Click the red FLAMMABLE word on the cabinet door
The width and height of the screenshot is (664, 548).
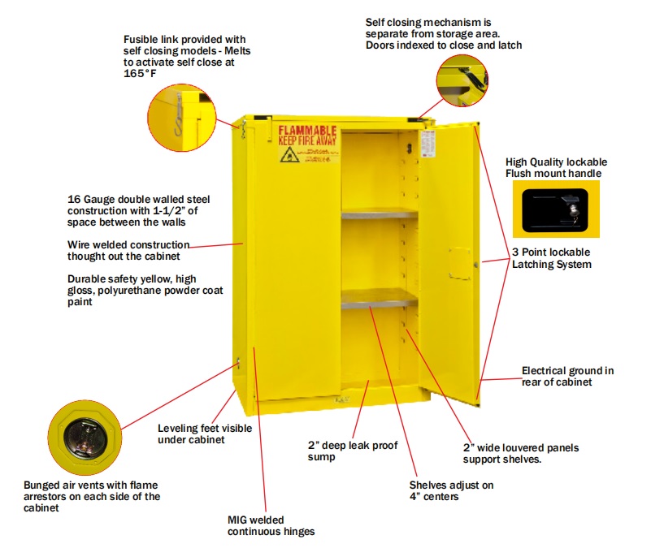(308, 131)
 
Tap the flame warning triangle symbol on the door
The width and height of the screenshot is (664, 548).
(288, 154)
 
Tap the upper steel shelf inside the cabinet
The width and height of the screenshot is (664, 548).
(379, 214)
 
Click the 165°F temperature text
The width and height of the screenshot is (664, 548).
(139, 73)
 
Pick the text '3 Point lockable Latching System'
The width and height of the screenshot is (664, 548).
(551, 258)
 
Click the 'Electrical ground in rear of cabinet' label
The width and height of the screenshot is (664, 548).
(567, 377)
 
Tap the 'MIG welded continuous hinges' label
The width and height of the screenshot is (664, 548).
(271, 525)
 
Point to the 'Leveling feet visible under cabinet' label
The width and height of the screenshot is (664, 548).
(204, 434)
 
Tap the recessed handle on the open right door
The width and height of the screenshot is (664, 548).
(459, 261)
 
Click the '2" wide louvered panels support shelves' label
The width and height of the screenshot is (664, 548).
(520, 453)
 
